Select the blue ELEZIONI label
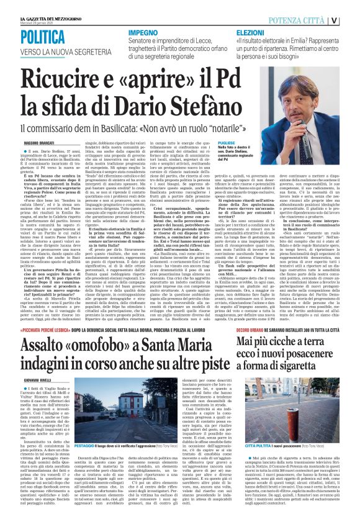pyautogui.click(x=251, y=31)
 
